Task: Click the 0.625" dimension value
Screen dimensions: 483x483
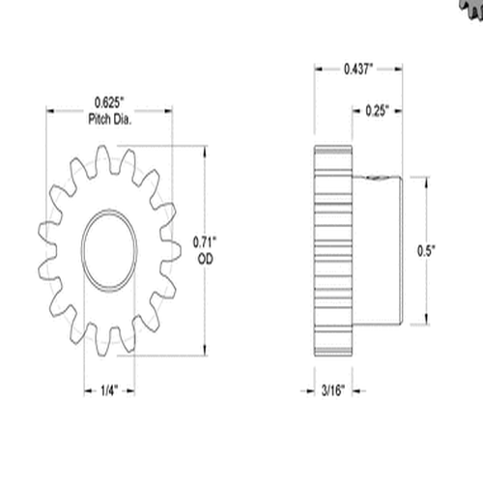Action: pyautogui.click(x=112, y=102)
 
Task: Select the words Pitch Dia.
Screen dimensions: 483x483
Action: pyautogui.click(x=112, y=117)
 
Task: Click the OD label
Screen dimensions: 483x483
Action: pyautogui.click(x=204, y=259)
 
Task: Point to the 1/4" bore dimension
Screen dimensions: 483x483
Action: pyautogui.click(x=110, y=390)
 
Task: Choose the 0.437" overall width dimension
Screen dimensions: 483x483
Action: pyautogui.click(x=358, y=69)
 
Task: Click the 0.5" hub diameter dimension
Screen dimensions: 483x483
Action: pyautogui.click(x=426, y=250)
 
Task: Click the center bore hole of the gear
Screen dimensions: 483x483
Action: pyautogui.click(x=110, y=249)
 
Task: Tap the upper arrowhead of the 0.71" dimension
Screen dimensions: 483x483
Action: pyautogui.click(x=204, y=150)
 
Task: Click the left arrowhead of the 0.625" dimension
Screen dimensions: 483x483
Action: pyautogui.click(x=50, y=110)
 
